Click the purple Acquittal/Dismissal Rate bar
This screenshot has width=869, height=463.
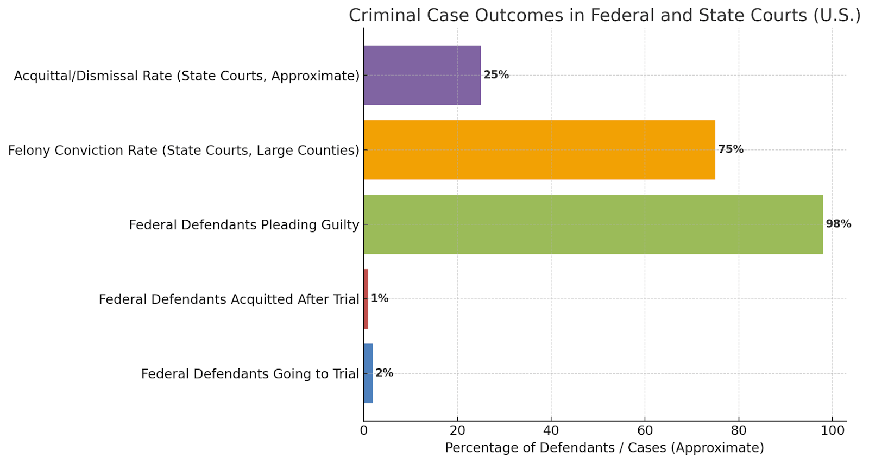422,75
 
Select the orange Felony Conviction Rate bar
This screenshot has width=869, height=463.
539,149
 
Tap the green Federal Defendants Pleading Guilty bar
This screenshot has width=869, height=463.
593,224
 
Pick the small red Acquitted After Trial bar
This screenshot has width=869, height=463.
366,298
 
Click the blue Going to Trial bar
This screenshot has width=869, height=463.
368,373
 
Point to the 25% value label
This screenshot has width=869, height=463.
496,75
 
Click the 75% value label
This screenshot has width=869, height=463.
731,149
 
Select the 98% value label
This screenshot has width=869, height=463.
838,224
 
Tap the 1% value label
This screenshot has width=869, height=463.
380,298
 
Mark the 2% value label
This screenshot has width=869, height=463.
384,373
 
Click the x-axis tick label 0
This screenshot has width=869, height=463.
364,431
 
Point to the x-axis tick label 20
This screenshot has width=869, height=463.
457,431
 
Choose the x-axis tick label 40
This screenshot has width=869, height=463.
551,431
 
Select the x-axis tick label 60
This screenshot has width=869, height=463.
645,431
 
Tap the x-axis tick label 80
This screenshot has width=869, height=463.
739,431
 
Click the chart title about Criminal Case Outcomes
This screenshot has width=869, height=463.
604,15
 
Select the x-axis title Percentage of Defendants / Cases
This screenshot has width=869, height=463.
604,448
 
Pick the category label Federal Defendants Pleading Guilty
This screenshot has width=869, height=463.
244,225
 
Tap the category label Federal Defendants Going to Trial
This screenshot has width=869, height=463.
250,374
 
